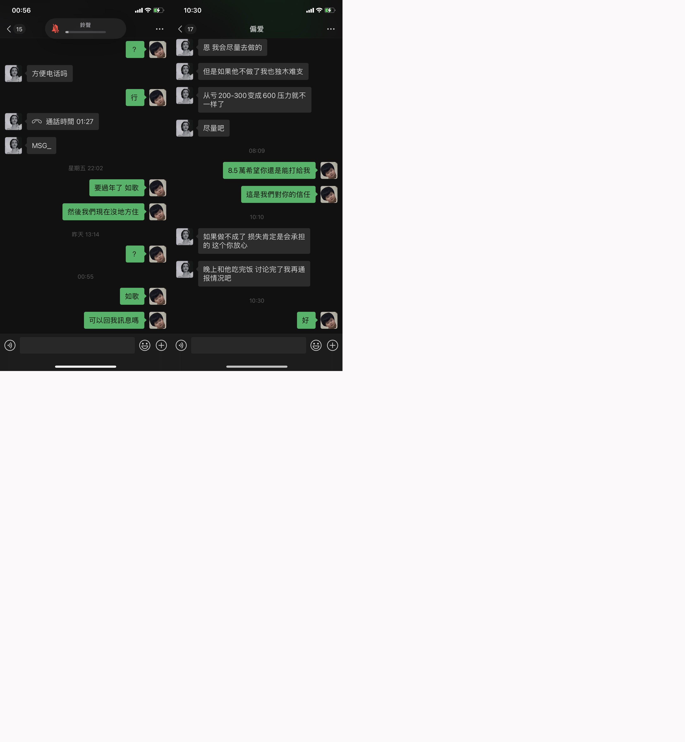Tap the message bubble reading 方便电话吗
point(50,73)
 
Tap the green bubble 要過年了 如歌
point(117,188)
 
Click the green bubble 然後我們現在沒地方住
point(103,212)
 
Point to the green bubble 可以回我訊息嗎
point(114,320)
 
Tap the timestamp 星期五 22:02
point(86,168)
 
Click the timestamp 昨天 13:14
point(86,235)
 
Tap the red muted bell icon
point(55,29)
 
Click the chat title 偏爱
point(256,29)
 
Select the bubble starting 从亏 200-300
point(255,100)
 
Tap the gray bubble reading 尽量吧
point(214,128)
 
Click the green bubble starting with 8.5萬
point(269,170)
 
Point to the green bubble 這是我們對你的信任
point(278,194)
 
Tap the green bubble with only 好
point(306,320)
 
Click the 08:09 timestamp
point(256,151)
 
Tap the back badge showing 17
point(190,29)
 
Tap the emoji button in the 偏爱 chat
point(316,345)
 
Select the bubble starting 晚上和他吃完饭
point(254,274)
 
